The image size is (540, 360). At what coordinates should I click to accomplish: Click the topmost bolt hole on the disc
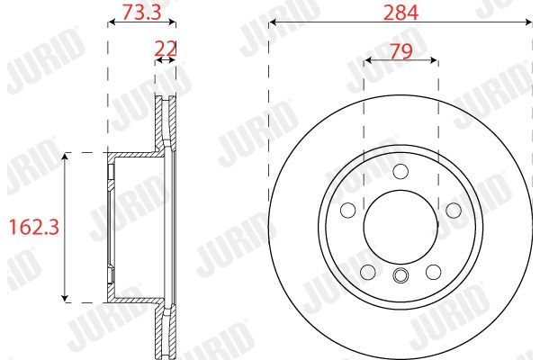(x=400, y=171)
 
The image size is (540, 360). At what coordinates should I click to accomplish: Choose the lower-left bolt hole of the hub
(x=369, y=271)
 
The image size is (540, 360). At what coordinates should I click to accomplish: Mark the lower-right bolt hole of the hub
(x=433, y=271)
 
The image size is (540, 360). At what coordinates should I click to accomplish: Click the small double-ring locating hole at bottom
(x=400, y=275)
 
